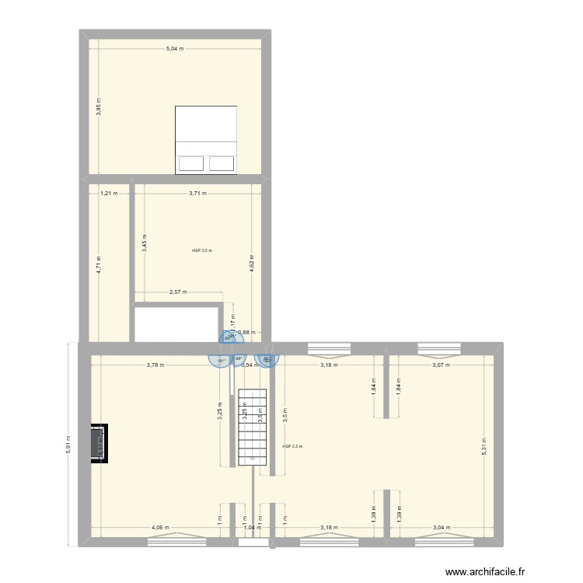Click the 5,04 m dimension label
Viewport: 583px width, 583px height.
(174, 49)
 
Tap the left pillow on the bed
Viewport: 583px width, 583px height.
(190, 163)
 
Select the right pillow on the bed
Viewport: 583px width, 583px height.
(222, 163)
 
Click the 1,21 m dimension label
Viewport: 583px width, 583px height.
(109, 193)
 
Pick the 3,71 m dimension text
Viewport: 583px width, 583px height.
(197, 193)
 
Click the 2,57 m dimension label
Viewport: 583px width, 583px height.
(178, 292)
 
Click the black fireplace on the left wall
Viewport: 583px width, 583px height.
(99, 443)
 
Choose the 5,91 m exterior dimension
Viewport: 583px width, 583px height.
(68, 444)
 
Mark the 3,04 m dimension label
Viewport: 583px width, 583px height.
(439, 528)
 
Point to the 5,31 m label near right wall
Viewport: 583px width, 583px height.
(484, 445)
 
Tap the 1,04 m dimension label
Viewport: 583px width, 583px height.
(252, 528)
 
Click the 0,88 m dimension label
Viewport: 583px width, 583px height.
(246, 333)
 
